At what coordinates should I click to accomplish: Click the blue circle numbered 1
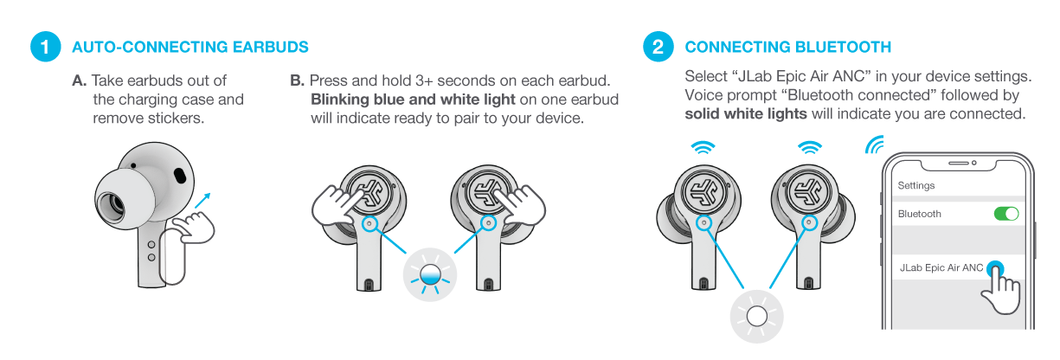(x=45, y=47)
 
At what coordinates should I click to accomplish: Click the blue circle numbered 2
(x=658, y=47)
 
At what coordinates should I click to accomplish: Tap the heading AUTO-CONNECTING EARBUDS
(x=190, y=47)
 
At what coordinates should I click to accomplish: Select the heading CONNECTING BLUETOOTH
(x=788, y=47)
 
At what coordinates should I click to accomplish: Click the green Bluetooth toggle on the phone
(x=1006, y=214)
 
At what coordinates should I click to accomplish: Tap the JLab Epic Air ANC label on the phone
(x=941, y=267)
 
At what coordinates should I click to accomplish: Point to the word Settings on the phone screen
(x=916, y=185)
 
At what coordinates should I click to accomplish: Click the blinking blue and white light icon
(x=430, y=274)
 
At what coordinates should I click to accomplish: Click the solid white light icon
(x=756, y=317)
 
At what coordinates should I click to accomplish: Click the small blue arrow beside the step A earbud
(x=202, y=201)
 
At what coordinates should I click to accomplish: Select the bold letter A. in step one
(x=79, y=80)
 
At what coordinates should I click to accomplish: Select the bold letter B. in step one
(x=297, y=80)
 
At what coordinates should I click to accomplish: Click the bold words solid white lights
(x=746, y=114)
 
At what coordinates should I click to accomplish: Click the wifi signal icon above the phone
(x=875, y=145)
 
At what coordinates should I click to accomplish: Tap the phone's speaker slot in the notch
(x=959, y=163)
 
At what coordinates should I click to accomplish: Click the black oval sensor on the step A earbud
(x=180, y=175)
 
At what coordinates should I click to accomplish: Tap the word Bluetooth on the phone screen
(x=920, y=214)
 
